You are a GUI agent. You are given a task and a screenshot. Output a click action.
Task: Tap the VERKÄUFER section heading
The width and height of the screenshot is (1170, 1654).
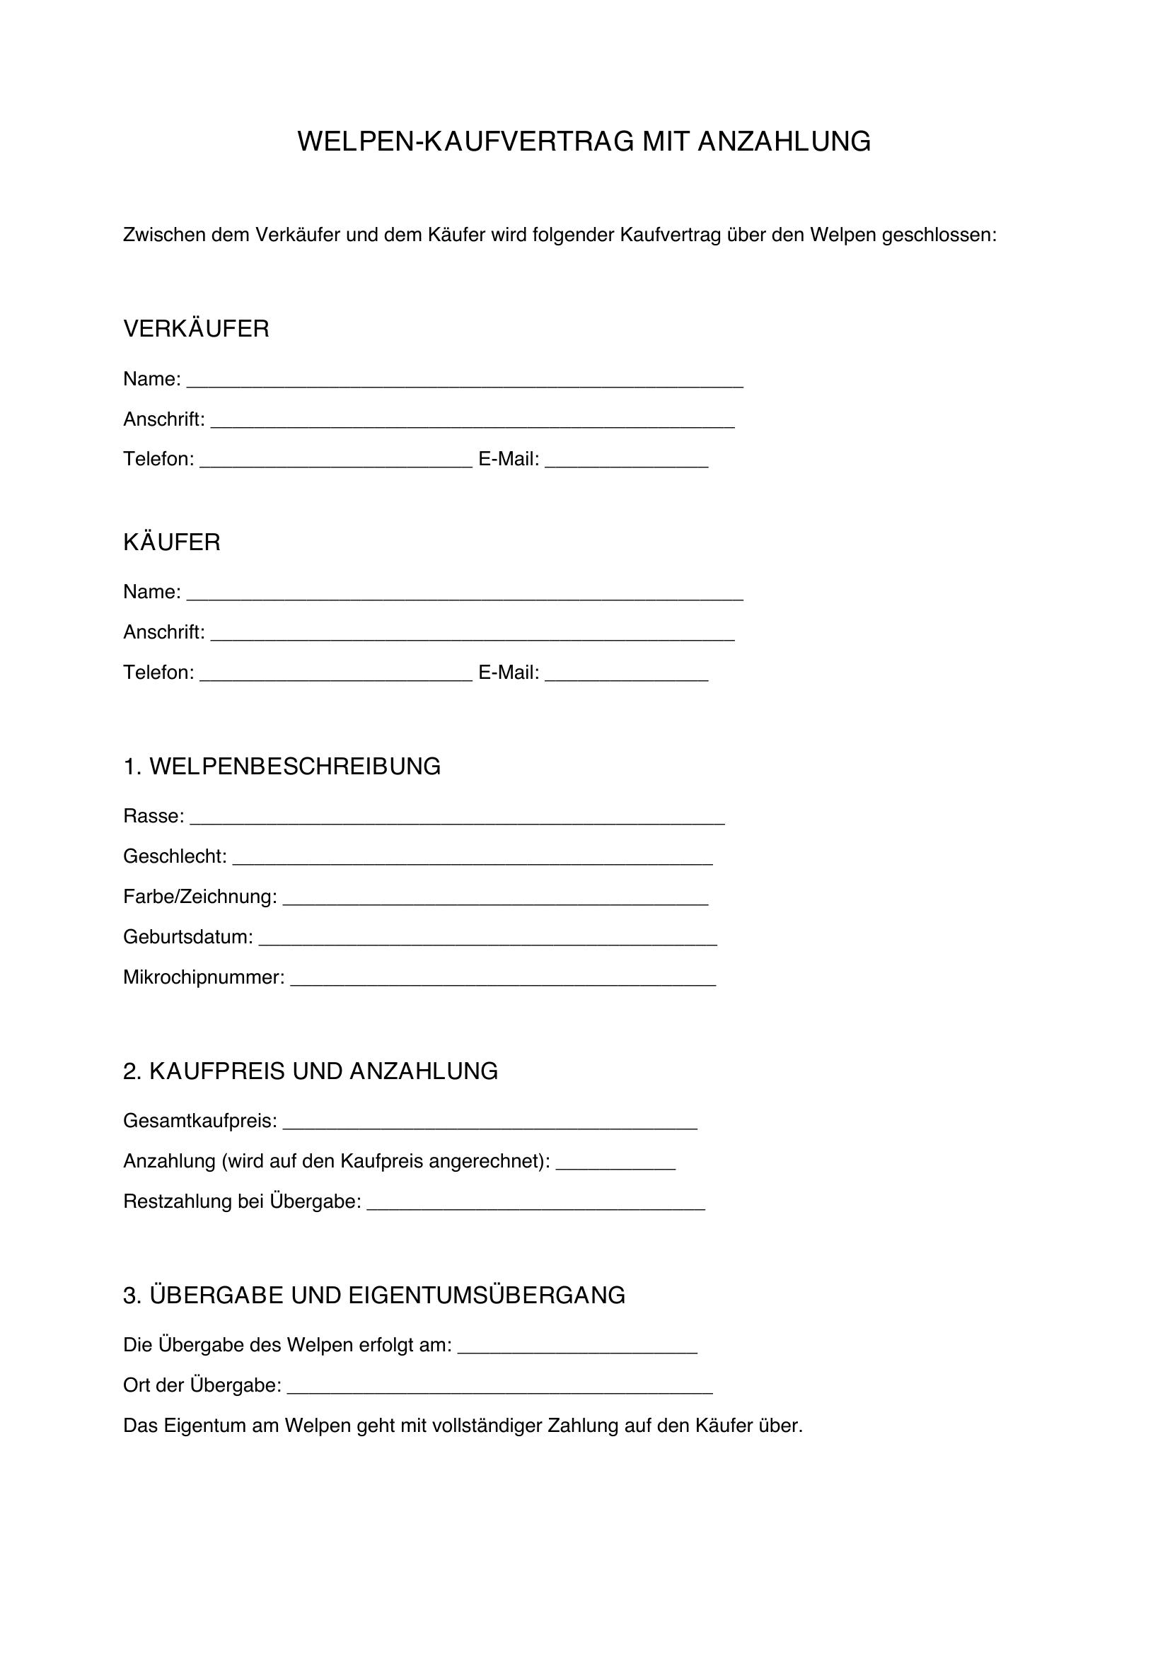[196, 330]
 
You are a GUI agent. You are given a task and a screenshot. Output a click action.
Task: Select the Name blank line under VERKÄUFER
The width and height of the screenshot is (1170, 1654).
[465, 383]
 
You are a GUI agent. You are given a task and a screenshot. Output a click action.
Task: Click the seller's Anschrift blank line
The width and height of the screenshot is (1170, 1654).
[473, 423]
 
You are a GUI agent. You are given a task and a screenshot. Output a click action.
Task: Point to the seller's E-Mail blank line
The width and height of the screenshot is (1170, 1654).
[627, 463]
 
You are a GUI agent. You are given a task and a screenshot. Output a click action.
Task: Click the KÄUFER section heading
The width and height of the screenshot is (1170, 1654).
[171, 542]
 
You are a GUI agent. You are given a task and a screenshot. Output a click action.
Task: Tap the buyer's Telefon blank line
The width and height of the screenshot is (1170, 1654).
[336, 677]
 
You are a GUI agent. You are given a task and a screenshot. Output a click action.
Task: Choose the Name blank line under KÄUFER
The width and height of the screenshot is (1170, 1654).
[465, 595]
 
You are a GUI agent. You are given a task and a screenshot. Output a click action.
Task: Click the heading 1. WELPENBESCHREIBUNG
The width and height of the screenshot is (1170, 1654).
[282, 767]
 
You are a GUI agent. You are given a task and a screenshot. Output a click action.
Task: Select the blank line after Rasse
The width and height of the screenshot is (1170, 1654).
[458, 820]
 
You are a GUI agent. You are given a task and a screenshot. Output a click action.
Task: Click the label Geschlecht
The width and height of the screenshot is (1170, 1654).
[174, 856]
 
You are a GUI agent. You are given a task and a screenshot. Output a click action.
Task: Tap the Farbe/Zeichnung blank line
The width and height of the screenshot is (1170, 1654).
[496, 900]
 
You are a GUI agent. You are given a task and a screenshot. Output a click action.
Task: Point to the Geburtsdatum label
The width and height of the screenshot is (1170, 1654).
[187, 937]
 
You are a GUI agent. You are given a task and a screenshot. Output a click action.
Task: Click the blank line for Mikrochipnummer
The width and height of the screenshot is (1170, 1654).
[503, 982]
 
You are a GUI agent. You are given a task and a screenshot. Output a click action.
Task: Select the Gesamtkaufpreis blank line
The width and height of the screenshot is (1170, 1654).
[490, 1124]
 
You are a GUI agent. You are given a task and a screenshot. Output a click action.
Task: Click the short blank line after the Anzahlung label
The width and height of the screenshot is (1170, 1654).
[616, 1165]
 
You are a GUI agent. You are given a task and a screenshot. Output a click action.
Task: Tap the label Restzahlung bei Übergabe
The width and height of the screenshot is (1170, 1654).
[241, 1201]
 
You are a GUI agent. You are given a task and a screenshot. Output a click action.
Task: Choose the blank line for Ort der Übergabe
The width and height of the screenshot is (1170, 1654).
[500, 1390]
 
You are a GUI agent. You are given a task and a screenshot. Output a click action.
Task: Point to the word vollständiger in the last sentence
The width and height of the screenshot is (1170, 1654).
[486, 1426]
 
